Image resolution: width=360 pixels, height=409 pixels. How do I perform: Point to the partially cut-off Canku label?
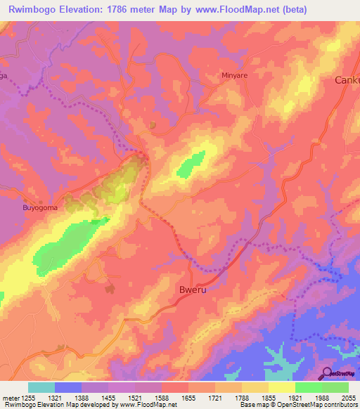346,80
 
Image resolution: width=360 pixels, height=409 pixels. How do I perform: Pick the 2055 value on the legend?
348,398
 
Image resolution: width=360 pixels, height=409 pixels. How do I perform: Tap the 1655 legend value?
188,398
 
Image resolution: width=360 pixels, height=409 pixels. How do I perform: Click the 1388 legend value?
82,398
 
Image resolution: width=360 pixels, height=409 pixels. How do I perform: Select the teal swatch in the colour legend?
41,387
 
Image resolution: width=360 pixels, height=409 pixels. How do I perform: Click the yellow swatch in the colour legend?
281,387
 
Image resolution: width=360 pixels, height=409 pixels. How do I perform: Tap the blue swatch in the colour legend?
68,387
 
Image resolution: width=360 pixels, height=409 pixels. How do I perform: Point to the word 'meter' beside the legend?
8,398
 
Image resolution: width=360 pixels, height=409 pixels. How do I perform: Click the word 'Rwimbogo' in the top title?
33,10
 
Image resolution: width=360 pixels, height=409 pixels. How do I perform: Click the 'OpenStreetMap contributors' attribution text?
318,405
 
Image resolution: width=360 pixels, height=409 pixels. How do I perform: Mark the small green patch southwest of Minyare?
191,164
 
